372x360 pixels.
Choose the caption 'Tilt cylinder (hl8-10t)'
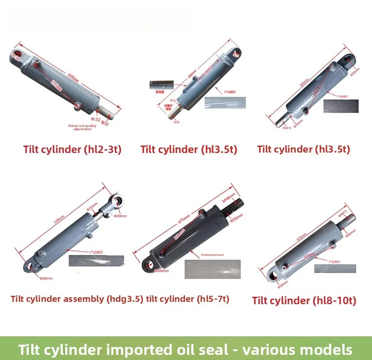coord(304,300)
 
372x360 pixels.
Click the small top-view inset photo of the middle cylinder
coord(161,85)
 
